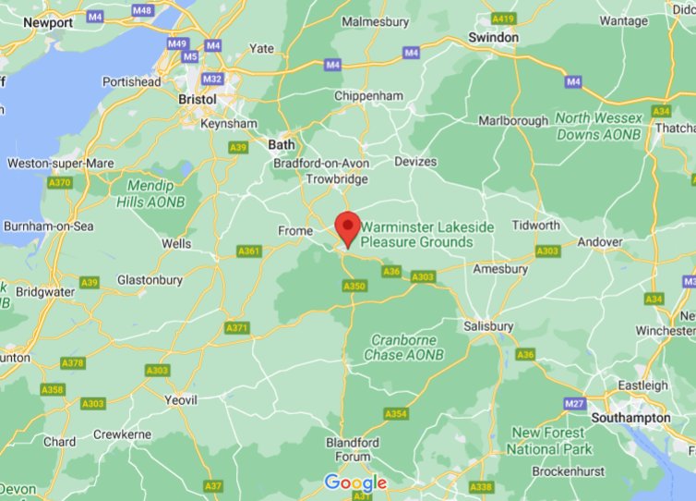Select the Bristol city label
197,99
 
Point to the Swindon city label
493,37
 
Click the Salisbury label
489,326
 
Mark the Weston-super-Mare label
61,164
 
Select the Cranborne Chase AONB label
403,348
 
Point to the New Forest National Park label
548,441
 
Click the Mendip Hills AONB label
150,193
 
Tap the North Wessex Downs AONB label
598,127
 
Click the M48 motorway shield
142,10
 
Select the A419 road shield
504,18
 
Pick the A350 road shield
354,287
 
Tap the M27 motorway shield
575,404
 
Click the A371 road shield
237,328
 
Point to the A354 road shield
396,413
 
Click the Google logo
355,483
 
